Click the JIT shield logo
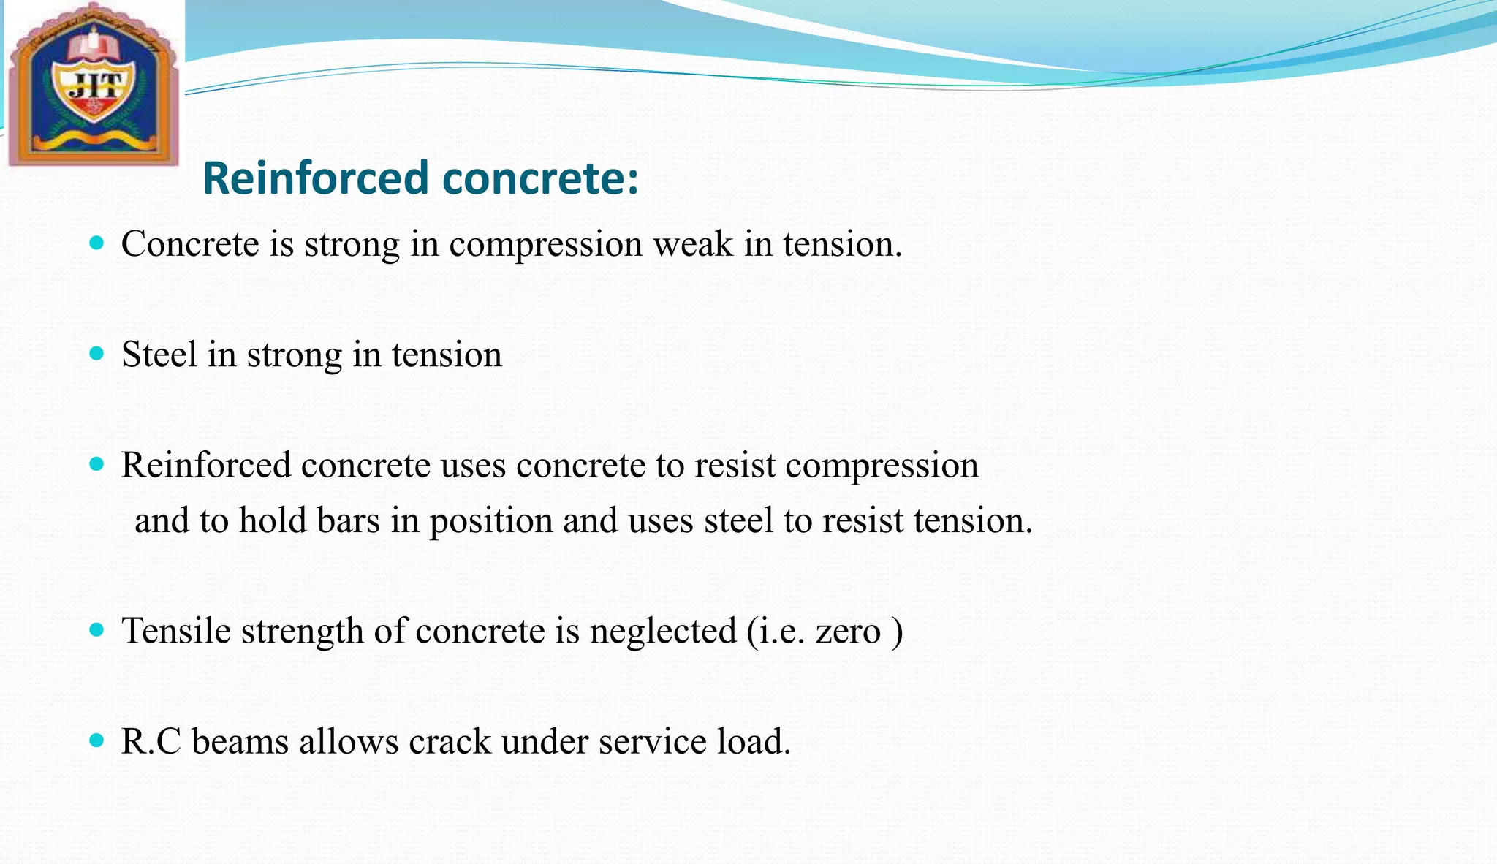[x=93, y=84]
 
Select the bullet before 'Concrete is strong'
[x=96, y=243]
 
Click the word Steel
[x=159, y=355]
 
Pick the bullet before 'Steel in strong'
[x=96, y=354]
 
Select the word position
[x=490, y=522]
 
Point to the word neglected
[x=663, y=632]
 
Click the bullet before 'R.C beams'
[x=96, y=740]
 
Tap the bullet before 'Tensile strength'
[x=96, y=629]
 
